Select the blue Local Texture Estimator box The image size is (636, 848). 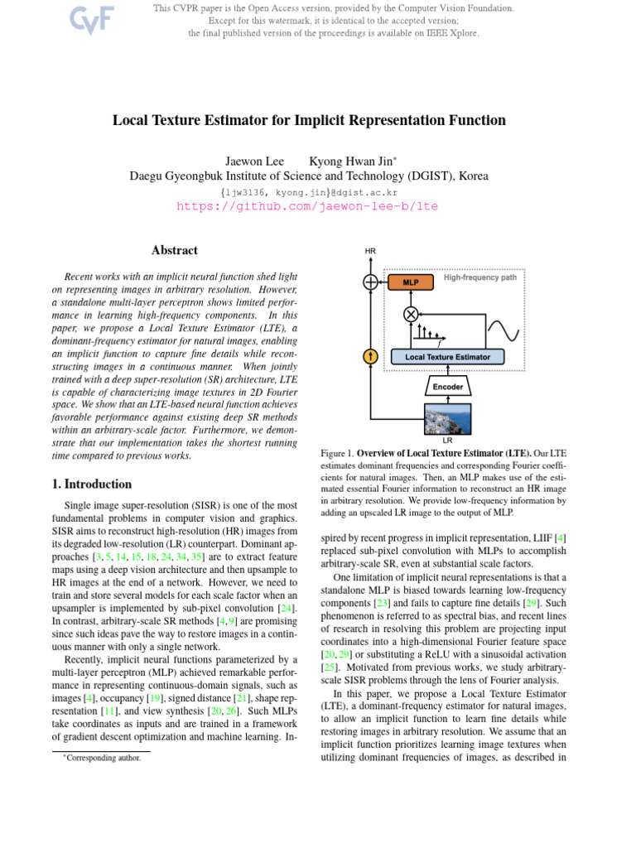tap(446, 357)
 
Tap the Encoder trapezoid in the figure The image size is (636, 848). tap(447, 387)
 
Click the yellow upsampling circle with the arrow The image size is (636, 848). tap(370, 357)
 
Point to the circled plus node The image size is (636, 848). tap(370, 282)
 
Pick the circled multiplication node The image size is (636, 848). tap(410, 314)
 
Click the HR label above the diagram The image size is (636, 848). tap(370, 251)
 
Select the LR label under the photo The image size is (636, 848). tap(447, 441)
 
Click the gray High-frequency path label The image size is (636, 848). tap(479, 277)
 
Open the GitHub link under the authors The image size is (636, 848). tap(307, 206)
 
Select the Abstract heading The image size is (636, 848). tap(175, 250)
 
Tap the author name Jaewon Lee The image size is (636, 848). tap(254, 161)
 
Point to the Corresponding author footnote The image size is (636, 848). tap(104, 757)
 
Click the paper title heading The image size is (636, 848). tap(309, 121)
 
